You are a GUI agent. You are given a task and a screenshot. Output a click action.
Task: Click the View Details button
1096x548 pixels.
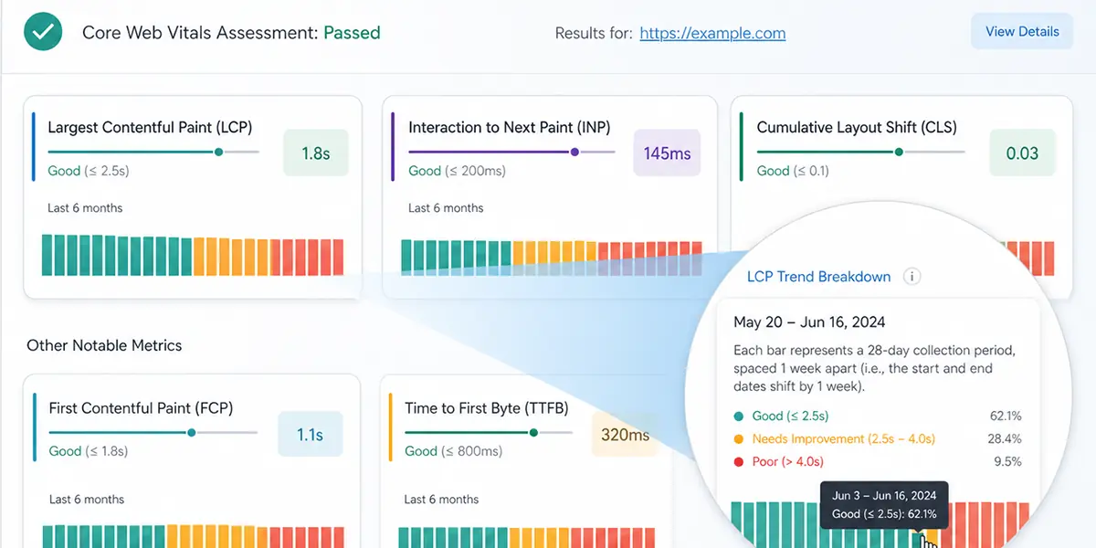pos(1022,31)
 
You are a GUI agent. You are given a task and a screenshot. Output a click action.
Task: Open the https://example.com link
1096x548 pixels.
pos(712,33)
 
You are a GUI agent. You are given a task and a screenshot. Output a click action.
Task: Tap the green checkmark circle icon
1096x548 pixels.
pos(43,33)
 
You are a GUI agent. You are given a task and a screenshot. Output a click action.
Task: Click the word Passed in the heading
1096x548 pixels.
pos(352,33)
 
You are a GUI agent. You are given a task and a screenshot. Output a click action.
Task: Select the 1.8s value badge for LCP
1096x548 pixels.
pos(315,153)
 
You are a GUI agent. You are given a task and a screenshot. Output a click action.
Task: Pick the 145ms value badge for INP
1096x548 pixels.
pos(667,153)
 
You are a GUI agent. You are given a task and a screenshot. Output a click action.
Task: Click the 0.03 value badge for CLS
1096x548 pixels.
pos(1022,153)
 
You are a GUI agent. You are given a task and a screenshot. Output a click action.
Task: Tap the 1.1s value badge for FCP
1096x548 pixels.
pos(310,435)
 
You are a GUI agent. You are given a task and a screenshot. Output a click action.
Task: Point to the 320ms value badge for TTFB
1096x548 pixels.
pos(625,435)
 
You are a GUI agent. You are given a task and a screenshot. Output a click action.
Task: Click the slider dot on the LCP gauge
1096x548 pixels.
pos(218,153)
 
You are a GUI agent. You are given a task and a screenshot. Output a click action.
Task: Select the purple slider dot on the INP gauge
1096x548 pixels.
pos(574,153)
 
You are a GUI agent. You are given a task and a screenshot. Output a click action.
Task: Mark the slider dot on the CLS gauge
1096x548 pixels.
pos(899,153)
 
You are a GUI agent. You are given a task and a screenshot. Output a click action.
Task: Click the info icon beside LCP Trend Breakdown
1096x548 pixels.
pos(912,277)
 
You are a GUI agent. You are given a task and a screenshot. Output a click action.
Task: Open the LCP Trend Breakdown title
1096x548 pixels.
pos(818,277)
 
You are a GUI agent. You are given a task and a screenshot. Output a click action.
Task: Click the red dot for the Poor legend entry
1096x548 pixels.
pos(738,462)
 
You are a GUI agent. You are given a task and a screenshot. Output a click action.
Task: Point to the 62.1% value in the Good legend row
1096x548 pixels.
pos(1006,416)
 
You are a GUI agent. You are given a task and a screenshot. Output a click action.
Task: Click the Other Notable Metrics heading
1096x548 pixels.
pos(104,345)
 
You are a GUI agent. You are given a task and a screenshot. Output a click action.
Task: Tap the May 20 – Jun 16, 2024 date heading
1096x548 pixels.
pos(809,322)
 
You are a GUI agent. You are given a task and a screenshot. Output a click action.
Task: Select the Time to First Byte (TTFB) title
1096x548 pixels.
pos(486,408)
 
